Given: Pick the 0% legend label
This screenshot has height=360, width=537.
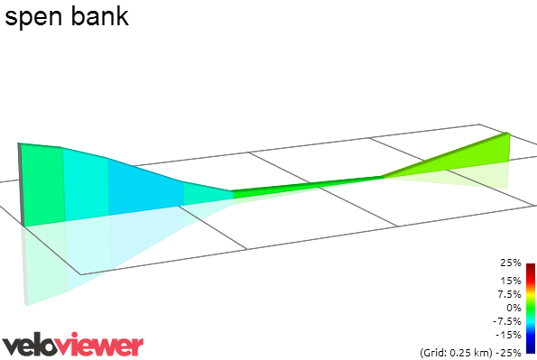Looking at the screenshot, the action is (514, 308).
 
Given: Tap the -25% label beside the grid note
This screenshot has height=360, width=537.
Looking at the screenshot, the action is (510, 352).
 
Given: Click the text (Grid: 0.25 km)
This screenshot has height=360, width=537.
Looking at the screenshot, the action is (454, 352).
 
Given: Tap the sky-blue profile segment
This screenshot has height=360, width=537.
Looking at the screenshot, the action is (144, 186).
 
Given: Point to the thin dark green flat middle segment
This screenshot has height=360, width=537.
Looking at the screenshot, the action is (307, 184).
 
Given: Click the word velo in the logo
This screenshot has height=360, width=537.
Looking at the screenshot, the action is (34, 345).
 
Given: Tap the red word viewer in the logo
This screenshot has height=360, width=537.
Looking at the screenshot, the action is (106, 345).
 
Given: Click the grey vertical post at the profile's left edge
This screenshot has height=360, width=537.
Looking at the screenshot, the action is (21, 185).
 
